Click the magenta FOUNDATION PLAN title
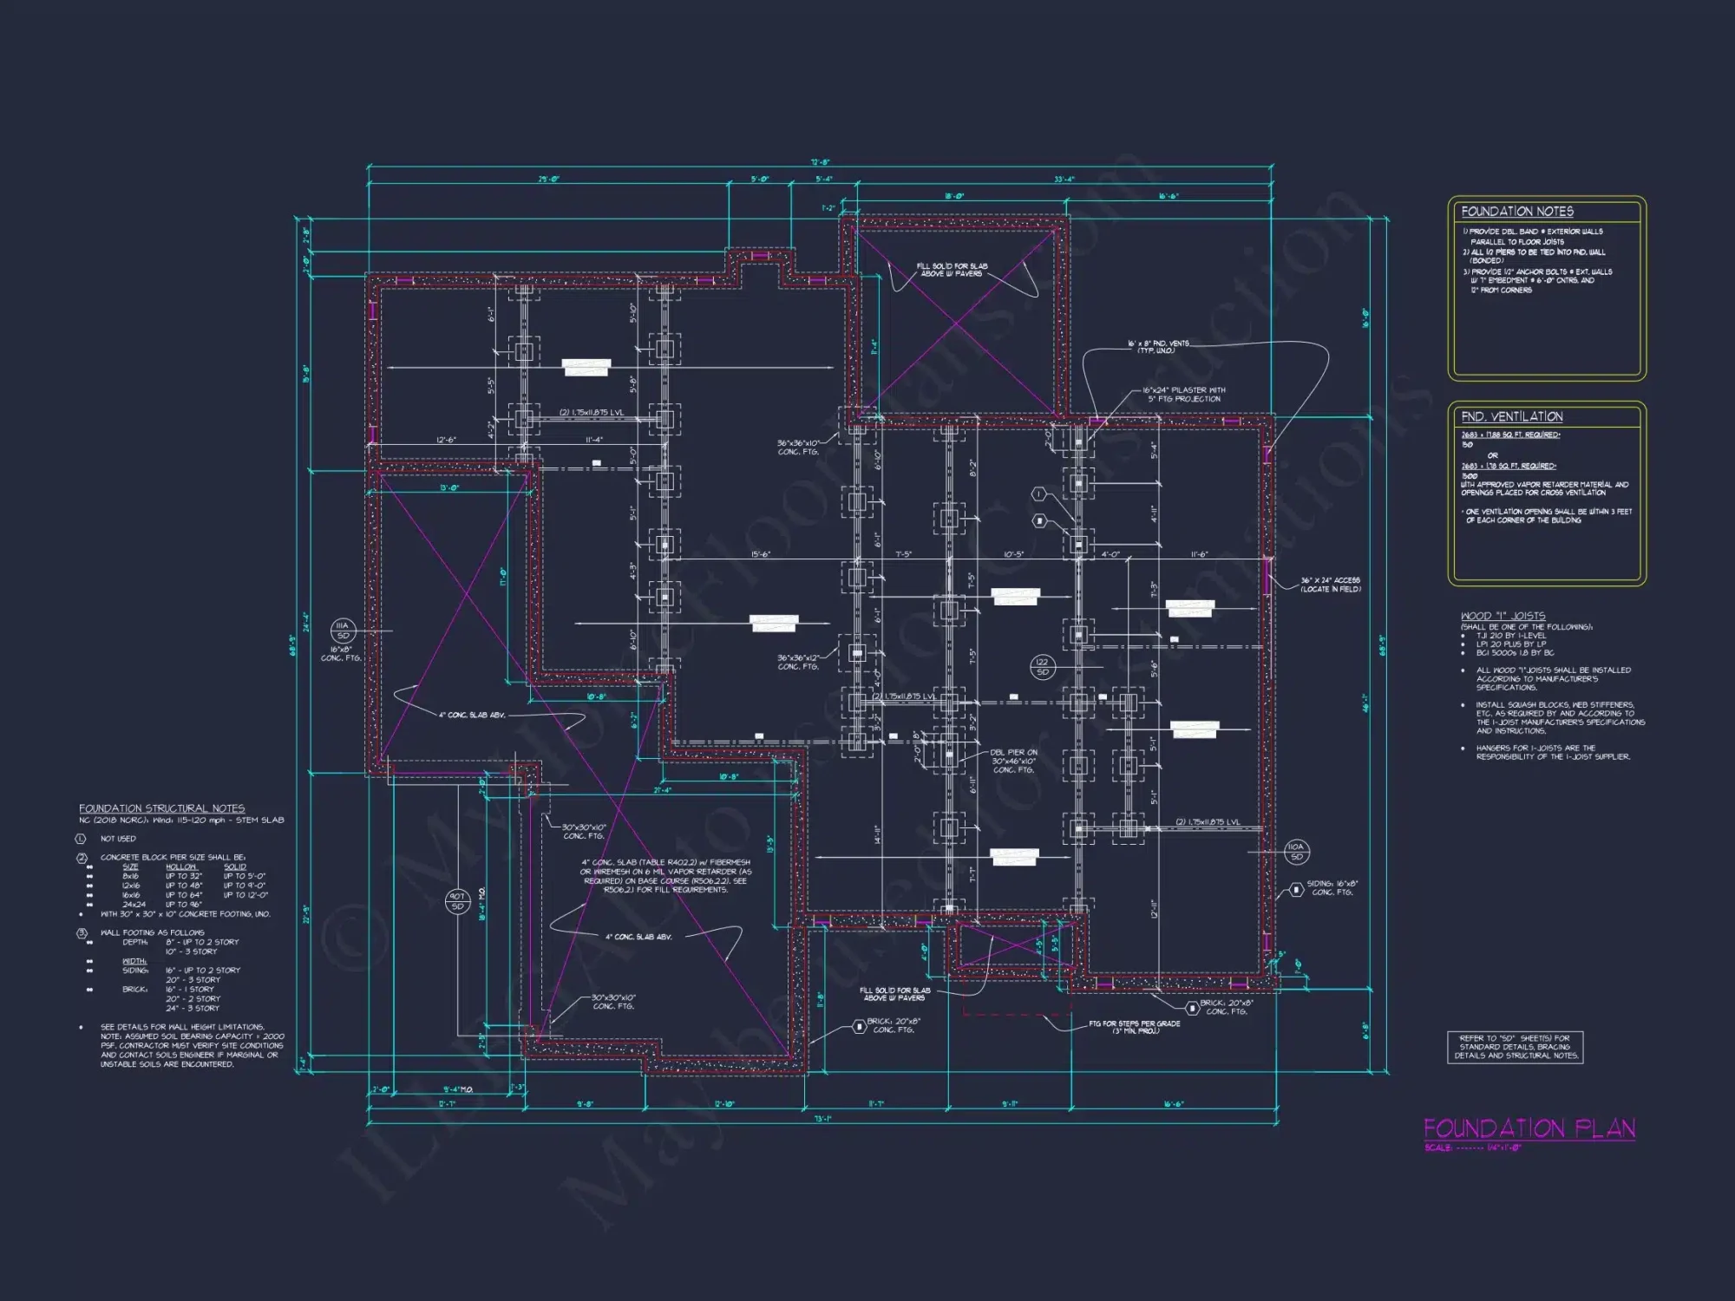1529,1128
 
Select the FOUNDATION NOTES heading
1516,212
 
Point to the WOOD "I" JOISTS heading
1503,616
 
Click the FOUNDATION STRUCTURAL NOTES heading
161,808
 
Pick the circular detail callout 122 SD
1042,667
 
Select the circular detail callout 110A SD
1296,852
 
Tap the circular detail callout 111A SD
343,631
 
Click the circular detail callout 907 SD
457,901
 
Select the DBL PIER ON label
1013,753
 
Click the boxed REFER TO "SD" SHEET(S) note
1515,1047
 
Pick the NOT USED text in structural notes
118,839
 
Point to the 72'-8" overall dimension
820,162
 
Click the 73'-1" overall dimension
820,1119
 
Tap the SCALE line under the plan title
1472,1148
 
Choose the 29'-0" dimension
548,180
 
